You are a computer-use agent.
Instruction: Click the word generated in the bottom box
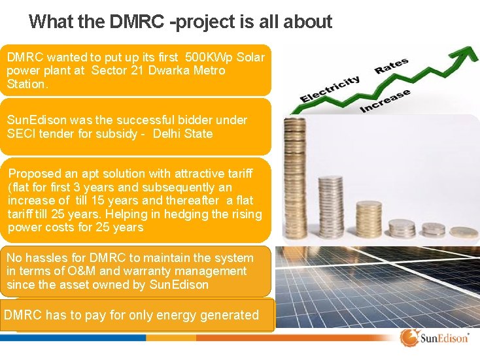[x=229, y=315]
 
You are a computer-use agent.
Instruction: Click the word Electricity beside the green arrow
[x=330, y=90]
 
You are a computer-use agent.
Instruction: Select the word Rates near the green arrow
[x=392, y=66]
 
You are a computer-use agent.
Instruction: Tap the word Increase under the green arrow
[x=386, y=101]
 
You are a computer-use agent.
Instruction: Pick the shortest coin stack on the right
[x=464, y=231]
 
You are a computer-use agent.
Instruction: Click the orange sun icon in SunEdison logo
[x=409, y=338]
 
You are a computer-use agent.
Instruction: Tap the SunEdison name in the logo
[x=445, y=338]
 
